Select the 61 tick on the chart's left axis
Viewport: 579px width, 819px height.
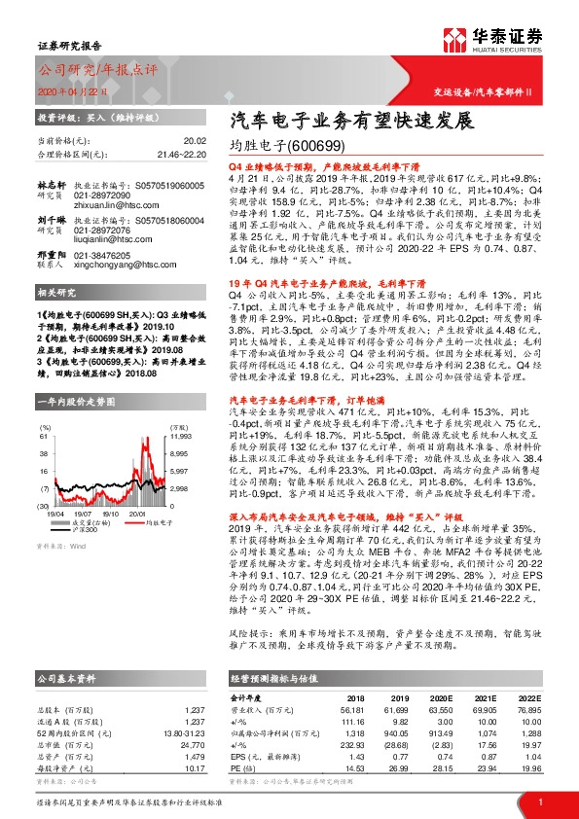point(45,409)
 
